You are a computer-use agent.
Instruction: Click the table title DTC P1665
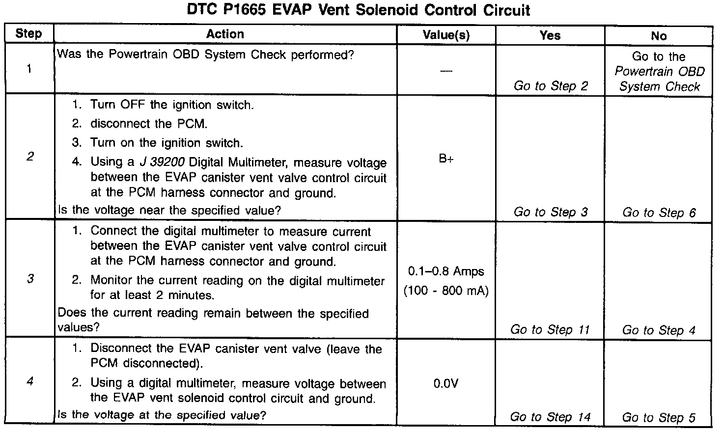pos(358,10)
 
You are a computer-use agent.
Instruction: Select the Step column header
pos(28,34)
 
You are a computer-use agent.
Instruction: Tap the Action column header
pos(225,34)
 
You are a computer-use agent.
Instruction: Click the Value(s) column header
pos(446,35)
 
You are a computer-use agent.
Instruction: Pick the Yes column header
pos(550,35)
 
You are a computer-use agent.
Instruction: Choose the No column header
pos(659,36)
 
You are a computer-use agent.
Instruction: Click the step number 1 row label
pos(29,69)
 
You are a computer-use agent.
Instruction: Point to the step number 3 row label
pos(30,279)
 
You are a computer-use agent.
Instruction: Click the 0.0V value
pos(446,383)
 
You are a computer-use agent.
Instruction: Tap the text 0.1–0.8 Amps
pos(446,271)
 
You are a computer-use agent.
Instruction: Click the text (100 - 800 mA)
pos(446,291)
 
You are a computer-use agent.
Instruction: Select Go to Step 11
pos(550,330)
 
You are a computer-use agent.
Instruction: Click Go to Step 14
pos(550,417)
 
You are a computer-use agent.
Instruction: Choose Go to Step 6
pos(659,213)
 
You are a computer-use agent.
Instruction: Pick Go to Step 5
pos(659,418)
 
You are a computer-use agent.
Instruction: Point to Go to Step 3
pos(550,212)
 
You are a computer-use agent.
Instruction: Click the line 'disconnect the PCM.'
pos(148,124)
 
